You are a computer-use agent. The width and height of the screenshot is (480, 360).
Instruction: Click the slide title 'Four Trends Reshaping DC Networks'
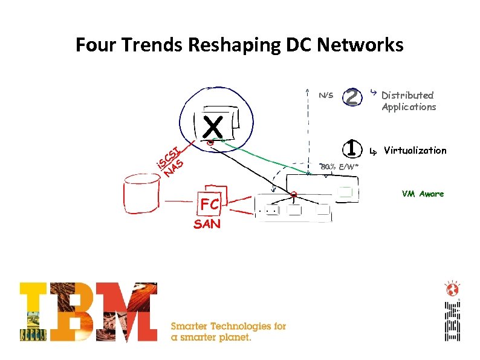(239, 45)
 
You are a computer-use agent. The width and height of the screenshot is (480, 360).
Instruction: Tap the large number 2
(352, 96)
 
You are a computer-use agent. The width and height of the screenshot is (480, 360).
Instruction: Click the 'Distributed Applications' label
(408, 101)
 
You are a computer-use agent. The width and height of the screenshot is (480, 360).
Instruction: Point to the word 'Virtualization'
(415, 150)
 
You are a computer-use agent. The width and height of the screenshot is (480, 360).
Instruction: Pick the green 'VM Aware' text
(423, 194)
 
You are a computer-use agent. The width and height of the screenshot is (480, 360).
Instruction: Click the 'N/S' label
(326, 95)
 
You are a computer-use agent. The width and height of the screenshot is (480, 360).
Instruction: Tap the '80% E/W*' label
(339, 166)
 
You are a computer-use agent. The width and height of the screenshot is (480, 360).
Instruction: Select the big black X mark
(213, 128)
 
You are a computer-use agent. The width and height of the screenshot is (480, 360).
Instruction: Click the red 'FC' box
(210, 205)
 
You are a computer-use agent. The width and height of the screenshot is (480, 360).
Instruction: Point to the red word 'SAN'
(207, 224)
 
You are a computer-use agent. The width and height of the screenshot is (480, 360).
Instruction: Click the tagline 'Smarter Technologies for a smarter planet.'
(229, 332)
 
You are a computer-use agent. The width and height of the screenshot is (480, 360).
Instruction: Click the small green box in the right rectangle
(345, 192)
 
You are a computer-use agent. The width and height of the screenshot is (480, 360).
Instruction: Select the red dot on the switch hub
(293, 195)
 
